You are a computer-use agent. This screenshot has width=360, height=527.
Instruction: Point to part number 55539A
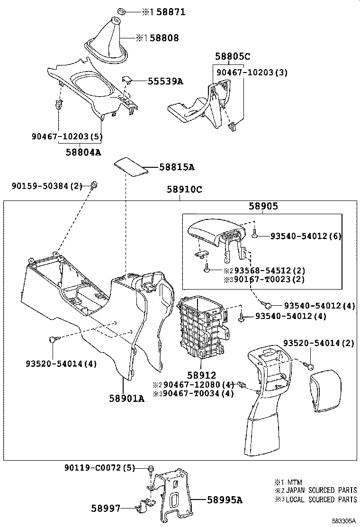point(158,82)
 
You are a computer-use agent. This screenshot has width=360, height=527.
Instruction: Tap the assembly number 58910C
point(184,190)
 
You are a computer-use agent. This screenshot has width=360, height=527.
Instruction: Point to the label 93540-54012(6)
point(306,236)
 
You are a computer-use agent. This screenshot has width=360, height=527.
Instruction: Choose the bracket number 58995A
point(225,500)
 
